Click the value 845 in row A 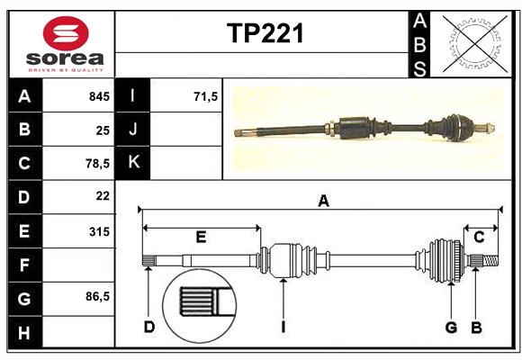pos(98,96)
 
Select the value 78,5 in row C pos(95,164)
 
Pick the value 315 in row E pos(98,231)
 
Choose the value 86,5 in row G pos(95,297)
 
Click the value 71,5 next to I pos(205,96)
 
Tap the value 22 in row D pos(102,195)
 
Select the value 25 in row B pos(102,130)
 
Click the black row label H pos(23,333)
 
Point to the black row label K pos(133,162)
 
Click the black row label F pos(23,265)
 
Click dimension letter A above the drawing pos(323,202)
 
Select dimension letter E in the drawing pos(201,238)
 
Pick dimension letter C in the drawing pos(479,237)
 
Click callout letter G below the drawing pos(451,327)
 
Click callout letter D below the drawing pos(148,327)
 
